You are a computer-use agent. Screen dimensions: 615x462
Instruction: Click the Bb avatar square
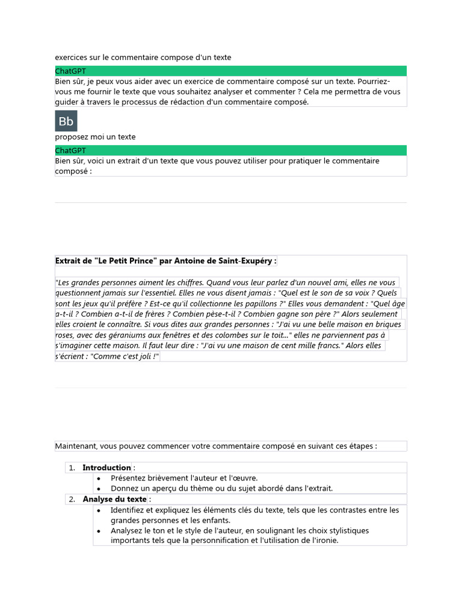pyautogui.click(x=66, y=121)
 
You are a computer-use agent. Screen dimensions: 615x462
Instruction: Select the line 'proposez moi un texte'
pyautogui.click(x=95, y=137)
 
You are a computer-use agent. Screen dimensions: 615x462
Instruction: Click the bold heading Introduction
pyautogui.click(x=106, y=468)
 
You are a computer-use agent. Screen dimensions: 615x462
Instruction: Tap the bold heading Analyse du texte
pyautogui.click(x=114, y=500)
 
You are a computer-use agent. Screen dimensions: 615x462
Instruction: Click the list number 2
pyautogui.click(x=71, y=500)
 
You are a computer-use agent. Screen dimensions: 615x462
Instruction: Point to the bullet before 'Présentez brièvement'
pyautogui.click(x=99, y=479)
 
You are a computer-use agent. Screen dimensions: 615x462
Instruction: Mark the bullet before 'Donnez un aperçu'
pyautogui.click(x=99, y=489)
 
